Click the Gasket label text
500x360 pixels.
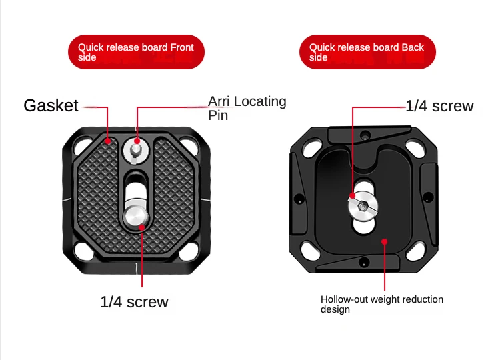pyautogui.click(x=51, y=105)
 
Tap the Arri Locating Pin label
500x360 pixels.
pyautogui.click(x=247, y=108)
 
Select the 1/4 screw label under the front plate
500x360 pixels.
pyautogui.click(x=134, y=301)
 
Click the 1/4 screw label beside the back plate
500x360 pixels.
pyautogui.click(x=440, y=106)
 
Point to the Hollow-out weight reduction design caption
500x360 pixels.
pyautogui.click(x=382, y=304)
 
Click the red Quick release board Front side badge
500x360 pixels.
pyautogui.click(x=136, y=52)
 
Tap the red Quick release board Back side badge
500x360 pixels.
pyautogui.click(x=367, y=52)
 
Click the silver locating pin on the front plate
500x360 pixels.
pyautogui.click(x=136, y=151)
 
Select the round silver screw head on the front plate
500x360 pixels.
pyautogui.click(x=136, y=216)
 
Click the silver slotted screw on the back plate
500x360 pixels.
pyautogui.click(x=363, y=206)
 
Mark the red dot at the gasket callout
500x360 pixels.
pyautogui.click(x=108, y=141)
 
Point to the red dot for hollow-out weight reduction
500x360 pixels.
pyautogui.click(x=385, y=242)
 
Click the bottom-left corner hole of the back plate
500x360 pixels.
pyautogui.click(x=310, y=250)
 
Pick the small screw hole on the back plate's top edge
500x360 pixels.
pyautogui.click(x=365, y=135)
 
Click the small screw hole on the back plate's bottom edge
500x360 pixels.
pyautogui.click(x=364, y=263)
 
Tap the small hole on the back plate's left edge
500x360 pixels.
pyautogui.click(x=299, y=199)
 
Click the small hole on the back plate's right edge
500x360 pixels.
pyautogui.click(x=428, y=197)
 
